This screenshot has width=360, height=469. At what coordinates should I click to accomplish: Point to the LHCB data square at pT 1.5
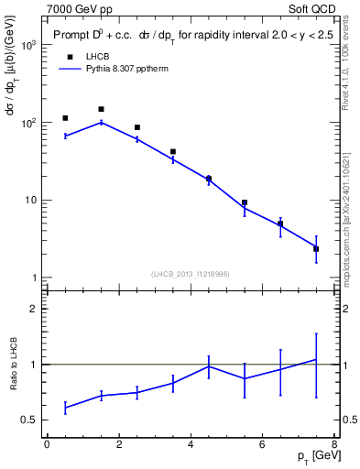[101, 109]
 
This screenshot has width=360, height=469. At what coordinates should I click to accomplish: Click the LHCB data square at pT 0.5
[65, 118]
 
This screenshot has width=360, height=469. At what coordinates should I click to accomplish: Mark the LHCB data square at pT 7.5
[316, 249]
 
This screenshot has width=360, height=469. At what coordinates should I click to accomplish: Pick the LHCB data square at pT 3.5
[172, 152]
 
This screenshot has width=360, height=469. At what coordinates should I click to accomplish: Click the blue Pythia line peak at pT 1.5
[101, 122]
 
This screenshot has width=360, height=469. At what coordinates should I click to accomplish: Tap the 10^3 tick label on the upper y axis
[27, 45]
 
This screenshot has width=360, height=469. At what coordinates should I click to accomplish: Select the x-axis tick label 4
[191, 445]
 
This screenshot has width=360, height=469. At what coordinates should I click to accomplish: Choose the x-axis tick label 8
[334, 445]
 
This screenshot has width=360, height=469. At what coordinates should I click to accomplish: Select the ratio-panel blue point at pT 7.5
[316, 360]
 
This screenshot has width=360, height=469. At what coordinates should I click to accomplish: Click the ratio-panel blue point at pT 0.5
[65, 408]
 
